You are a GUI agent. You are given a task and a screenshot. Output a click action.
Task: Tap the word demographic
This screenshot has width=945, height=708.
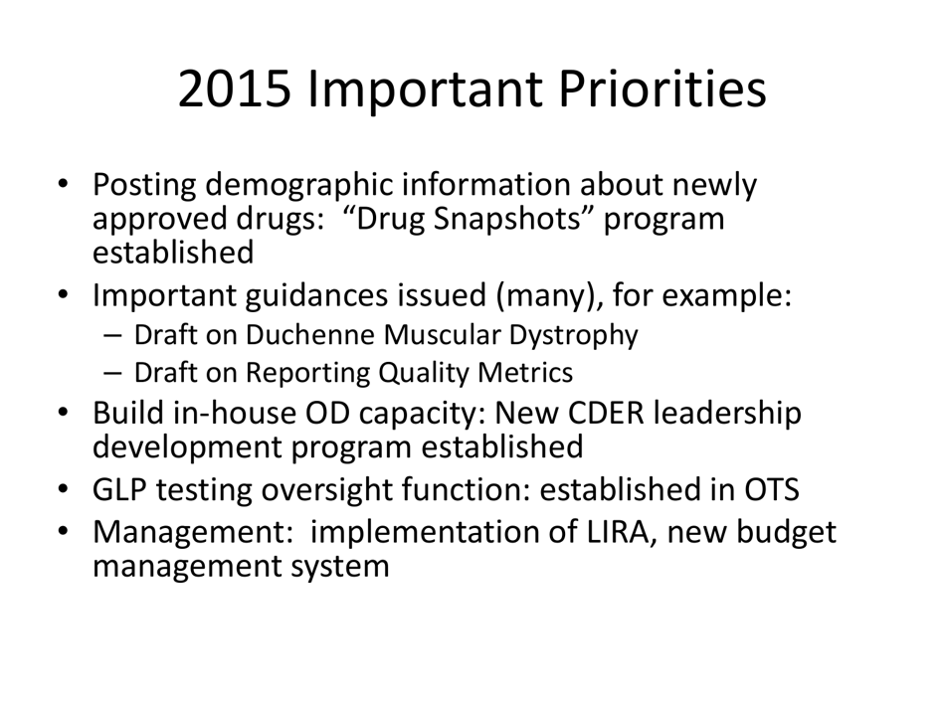click(x=311, y=186)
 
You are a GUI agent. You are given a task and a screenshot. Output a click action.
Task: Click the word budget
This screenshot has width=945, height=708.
click(x=785, y=534)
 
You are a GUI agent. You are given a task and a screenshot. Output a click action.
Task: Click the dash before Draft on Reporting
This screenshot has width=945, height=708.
click(x=112, y=373)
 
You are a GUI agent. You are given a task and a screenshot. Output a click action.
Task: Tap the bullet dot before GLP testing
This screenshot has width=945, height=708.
click(x=64, y=490)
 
